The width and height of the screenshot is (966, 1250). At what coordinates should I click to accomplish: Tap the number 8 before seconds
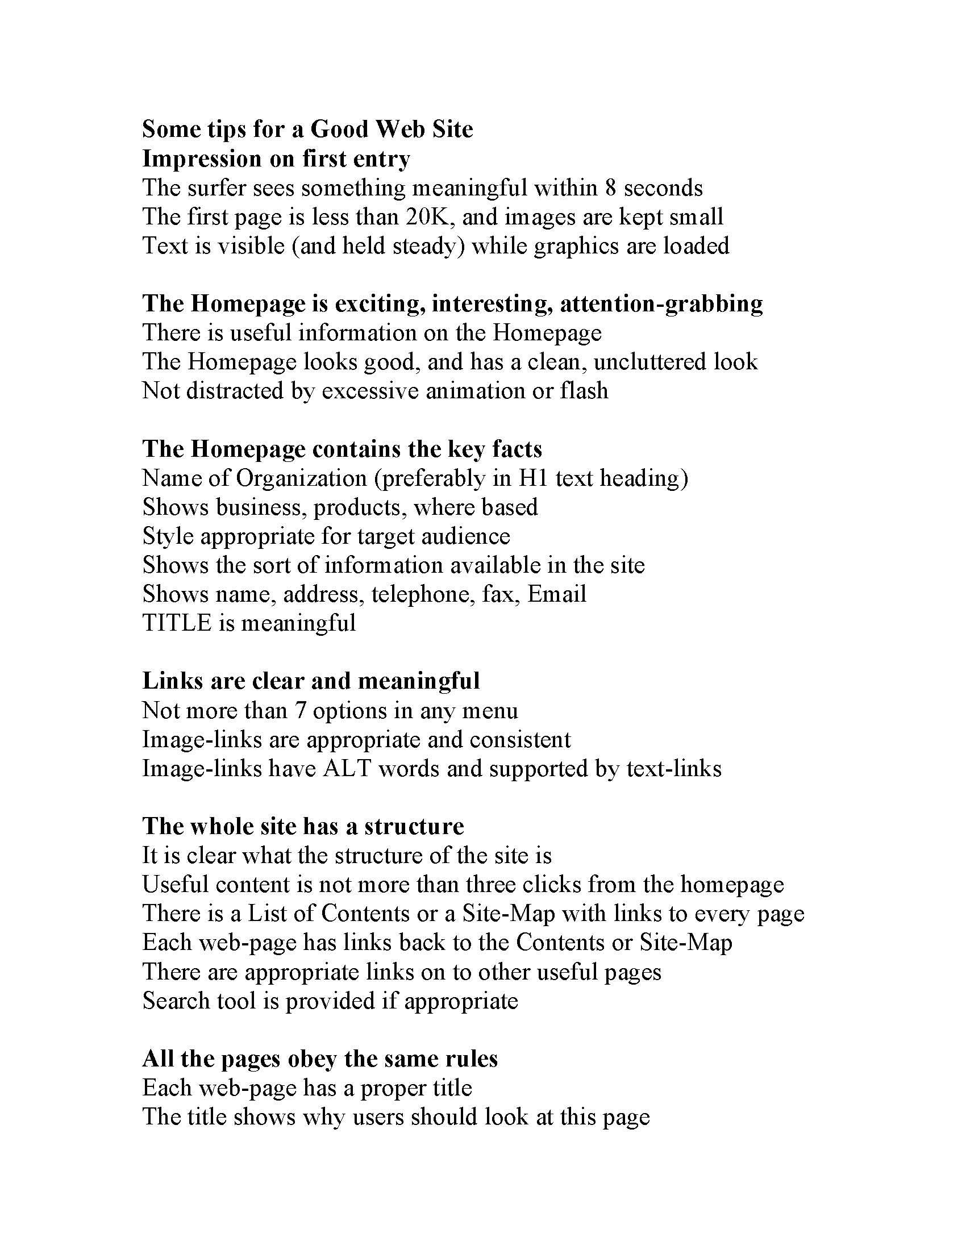coord(610,188)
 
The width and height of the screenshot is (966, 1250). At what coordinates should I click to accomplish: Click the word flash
coord(584,391)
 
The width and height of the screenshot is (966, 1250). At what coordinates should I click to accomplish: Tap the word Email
coord(556,595)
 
